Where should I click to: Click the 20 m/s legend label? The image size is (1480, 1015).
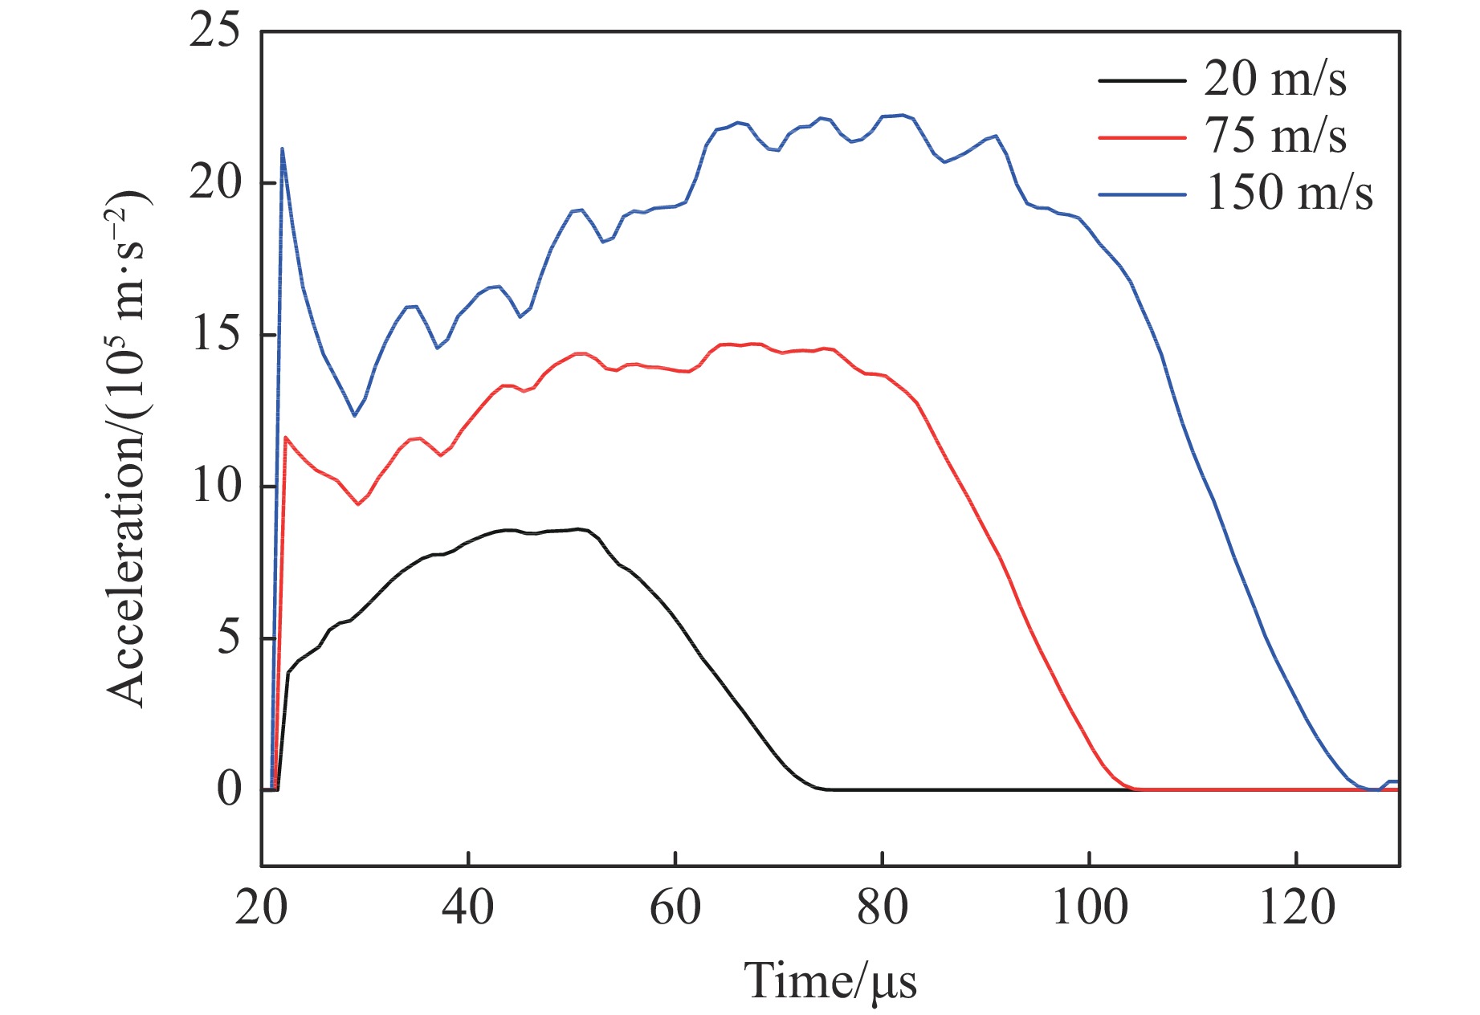coord(1274,79)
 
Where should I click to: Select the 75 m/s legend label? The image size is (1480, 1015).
coord(1274,136)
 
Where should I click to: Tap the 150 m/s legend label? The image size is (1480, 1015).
coord(1288,194)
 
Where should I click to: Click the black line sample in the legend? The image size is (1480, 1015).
coord(1142,80)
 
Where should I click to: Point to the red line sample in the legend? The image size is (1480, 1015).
coord(1142,137)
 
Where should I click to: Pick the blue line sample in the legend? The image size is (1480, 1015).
coord(1142,194)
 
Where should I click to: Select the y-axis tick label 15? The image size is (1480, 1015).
coord(215,335)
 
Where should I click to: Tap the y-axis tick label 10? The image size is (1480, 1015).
coord(215,487)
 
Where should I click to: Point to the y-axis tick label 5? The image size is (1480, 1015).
coord(228,638)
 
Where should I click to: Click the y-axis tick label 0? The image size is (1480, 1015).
coord(228,789)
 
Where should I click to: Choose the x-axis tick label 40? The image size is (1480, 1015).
coord(467,908)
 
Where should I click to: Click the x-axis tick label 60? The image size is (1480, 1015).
coord(675,908)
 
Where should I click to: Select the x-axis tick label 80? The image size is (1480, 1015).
coord(882,908)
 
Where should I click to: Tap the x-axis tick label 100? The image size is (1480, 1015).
coord(1089,908)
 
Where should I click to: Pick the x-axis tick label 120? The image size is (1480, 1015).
coord(1296,908)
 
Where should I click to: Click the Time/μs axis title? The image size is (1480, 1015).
coord(830,980)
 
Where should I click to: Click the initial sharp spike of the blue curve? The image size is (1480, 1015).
coord(282,149)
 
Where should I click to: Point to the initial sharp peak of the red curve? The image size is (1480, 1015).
coord(286,438)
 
